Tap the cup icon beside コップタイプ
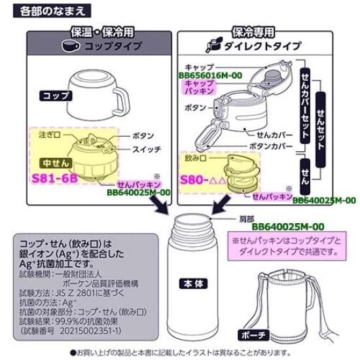70,46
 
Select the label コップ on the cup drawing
56,95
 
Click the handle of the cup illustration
122,99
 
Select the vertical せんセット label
321,112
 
